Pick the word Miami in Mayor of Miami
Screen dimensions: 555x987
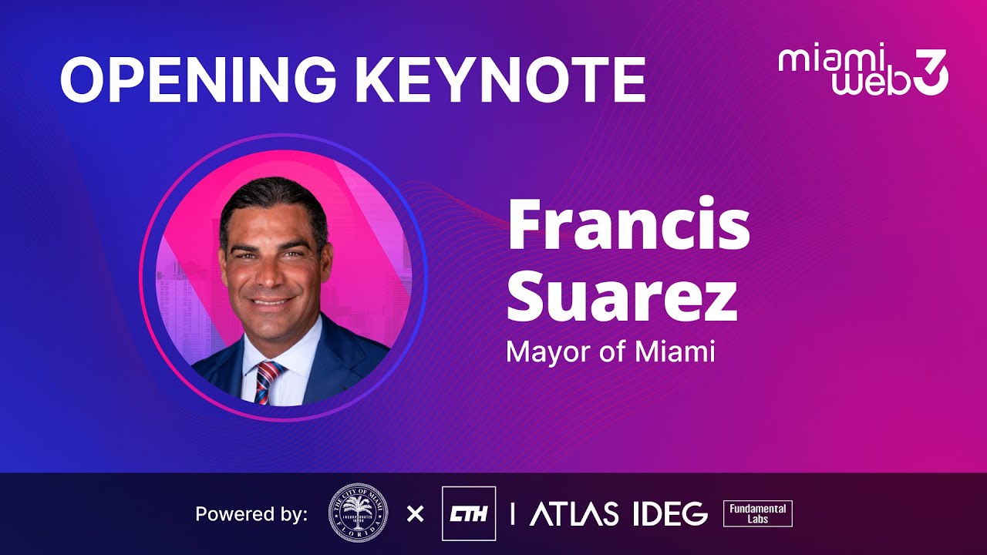coord(675,352)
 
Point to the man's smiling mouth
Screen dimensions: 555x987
coord(271,301)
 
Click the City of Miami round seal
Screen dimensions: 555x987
coord(358,513)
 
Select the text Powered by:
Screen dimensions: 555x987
coord(251,514)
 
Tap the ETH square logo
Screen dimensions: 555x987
coord(468,513)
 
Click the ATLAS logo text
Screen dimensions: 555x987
coord(574,513)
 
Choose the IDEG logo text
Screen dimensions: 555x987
coord(669,513)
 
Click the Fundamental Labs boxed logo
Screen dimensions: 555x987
coord(757,513)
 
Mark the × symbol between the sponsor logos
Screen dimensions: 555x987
coord(415,513)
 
